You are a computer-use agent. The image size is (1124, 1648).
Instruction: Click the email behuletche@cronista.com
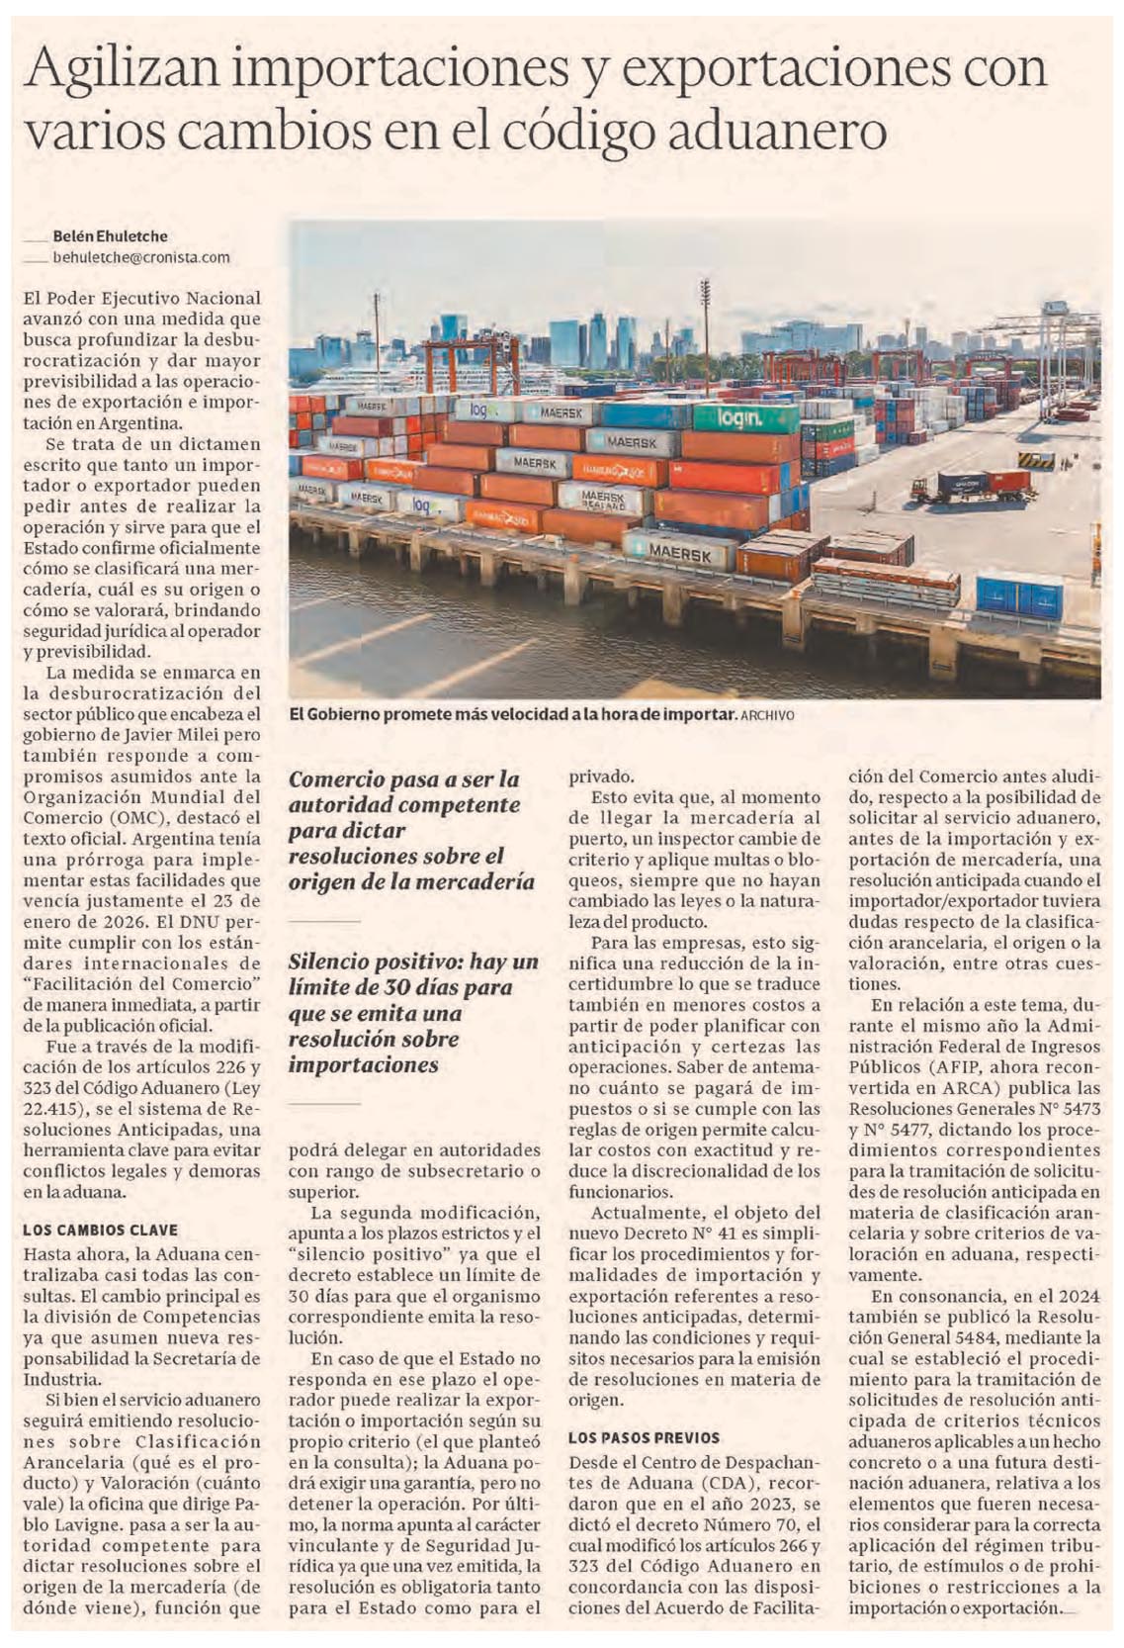(x=140, y=257)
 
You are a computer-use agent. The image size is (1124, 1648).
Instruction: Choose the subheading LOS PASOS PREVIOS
(x=644, y=1437)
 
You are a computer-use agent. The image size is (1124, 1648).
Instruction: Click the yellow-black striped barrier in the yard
(x=1035, y=460)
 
